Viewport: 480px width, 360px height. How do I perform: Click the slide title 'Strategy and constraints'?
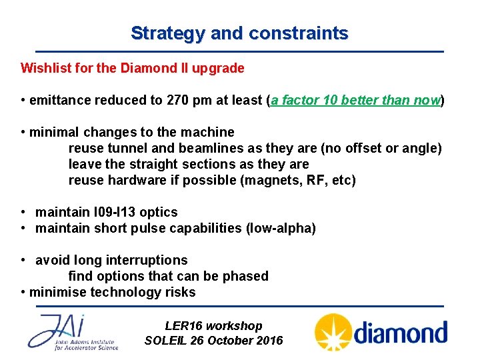coord(239,33)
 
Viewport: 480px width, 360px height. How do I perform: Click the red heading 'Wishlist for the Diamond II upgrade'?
coord(133,68)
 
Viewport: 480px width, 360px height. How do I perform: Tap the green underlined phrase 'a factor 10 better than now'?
coord(355,101)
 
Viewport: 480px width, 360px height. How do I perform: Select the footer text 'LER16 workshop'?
coord(213,326)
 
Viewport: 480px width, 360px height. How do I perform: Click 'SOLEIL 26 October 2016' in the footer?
coord(213,341)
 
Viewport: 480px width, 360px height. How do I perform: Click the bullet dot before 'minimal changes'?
coord(24,132)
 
